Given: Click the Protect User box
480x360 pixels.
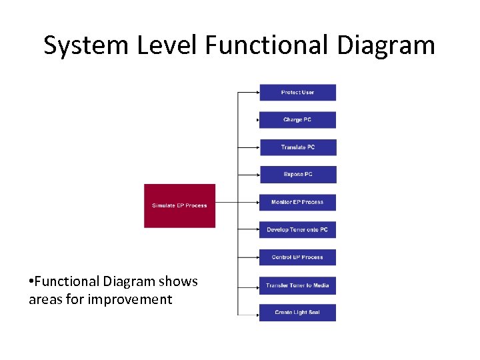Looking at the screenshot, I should (x=297, y=92).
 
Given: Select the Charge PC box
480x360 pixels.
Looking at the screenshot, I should (x=297, y=120).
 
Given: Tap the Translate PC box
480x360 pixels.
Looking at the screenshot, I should (x=297, y=147).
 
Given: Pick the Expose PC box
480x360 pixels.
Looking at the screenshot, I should (x=297, y=175).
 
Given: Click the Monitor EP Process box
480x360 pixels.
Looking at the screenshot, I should (x=297, y=202).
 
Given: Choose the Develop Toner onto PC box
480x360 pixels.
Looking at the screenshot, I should (x=297, y=230).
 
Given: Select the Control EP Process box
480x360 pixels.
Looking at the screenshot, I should (x=297, y=257).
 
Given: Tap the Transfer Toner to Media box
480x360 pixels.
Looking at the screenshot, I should (x=297, y=285).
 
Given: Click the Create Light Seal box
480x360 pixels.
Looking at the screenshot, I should (x=297, y=313).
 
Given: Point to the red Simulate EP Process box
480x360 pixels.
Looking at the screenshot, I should (x=179, y=205).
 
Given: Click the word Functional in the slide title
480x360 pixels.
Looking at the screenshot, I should (x=267, y=45).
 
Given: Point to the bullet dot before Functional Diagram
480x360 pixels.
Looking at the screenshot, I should (x=31, y=282).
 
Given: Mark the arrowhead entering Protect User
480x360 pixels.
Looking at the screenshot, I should (x=257, y=92).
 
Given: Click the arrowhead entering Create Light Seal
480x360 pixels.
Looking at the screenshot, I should (x=257, y=313).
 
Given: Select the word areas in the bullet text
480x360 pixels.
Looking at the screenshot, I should (x=45, y=299).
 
